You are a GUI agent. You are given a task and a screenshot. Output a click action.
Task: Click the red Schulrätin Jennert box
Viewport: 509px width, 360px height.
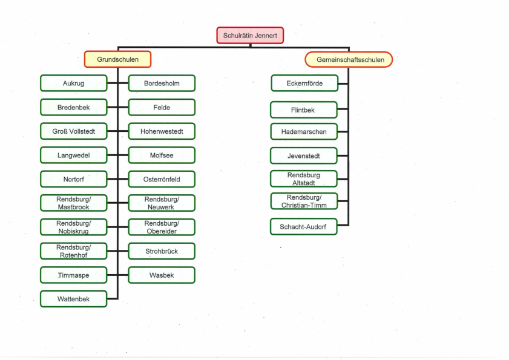tap(250, 35)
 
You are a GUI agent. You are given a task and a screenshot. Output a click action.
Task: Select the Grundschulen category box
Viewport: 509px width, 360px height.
tap(117, 59)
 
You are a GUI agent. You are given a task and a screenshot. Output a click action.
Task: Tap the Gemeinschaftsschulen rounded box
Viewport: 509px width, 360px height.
tap(349, 60)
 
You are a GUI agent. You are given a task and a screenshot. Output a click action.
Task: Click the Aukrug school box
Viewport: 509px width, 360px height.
tap(74, 83)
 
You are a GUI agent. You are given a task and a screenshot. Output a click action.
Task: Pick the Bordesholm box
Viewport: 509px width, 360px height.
tap(162, 83)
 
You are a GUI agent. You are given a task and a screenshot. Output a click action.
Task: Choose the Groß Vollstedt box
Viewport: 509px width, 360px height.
tap(74, 131)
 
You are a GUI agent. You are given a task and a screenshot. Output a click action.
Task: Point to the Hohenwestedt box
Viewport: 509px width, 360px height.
tap(162, 131)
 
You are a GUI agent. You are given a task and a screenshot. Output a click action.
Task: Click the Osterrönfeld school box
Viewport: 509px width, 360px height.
tap(162, 179)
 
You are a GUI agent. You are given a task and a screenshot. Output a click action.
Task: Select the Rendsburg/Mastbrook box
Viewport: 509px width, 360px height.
tap(74, 203)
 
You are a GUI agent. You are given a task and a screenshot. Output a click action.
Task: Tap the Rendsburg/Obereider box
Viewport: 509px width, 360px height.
tap(162, 227)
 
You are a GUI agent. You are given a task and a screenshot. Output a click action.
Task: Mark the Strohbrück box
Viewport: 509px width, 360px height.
tap(162, 251)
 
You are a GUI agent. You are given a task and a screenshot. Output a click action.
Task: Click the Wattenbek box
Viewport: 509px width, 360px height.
tap(74, 299)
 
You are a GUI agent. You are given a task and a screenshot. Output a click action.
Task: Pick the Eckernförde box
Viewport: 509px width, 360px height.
tap(304, 83)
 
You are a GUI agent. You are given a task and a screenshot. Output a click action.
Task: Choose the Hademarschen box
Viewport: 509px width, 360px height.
tap(304, 131)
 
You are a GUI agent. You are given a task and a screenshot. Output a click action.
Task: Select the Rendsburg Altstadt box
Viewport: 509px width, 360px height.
tap(304, 179)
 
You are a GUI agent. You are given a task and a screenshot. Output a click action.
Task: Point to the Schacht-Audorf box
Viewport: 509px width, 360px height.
tap(304, 226)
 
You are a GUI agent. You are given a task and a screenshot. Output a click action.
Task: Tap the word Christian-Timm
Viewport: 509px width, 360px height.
tap(304, 205)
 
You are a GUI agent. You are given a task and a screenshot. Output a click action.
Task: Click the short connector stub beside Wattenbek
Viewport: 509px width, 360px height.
tap(113, 298)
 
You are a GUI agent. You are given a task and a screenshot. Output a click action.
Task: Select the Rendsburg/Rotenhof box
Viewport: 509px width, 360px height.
tap(74, 251)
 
